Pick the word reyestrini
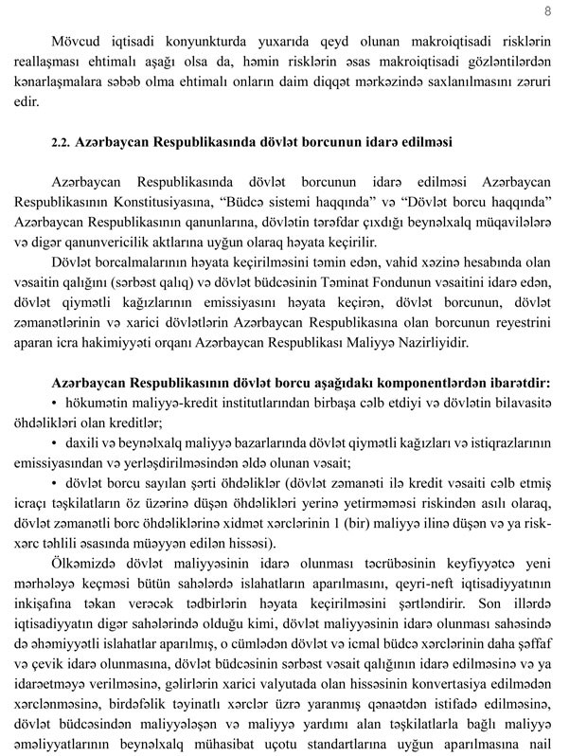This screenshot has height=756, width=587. pos(521,321)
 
